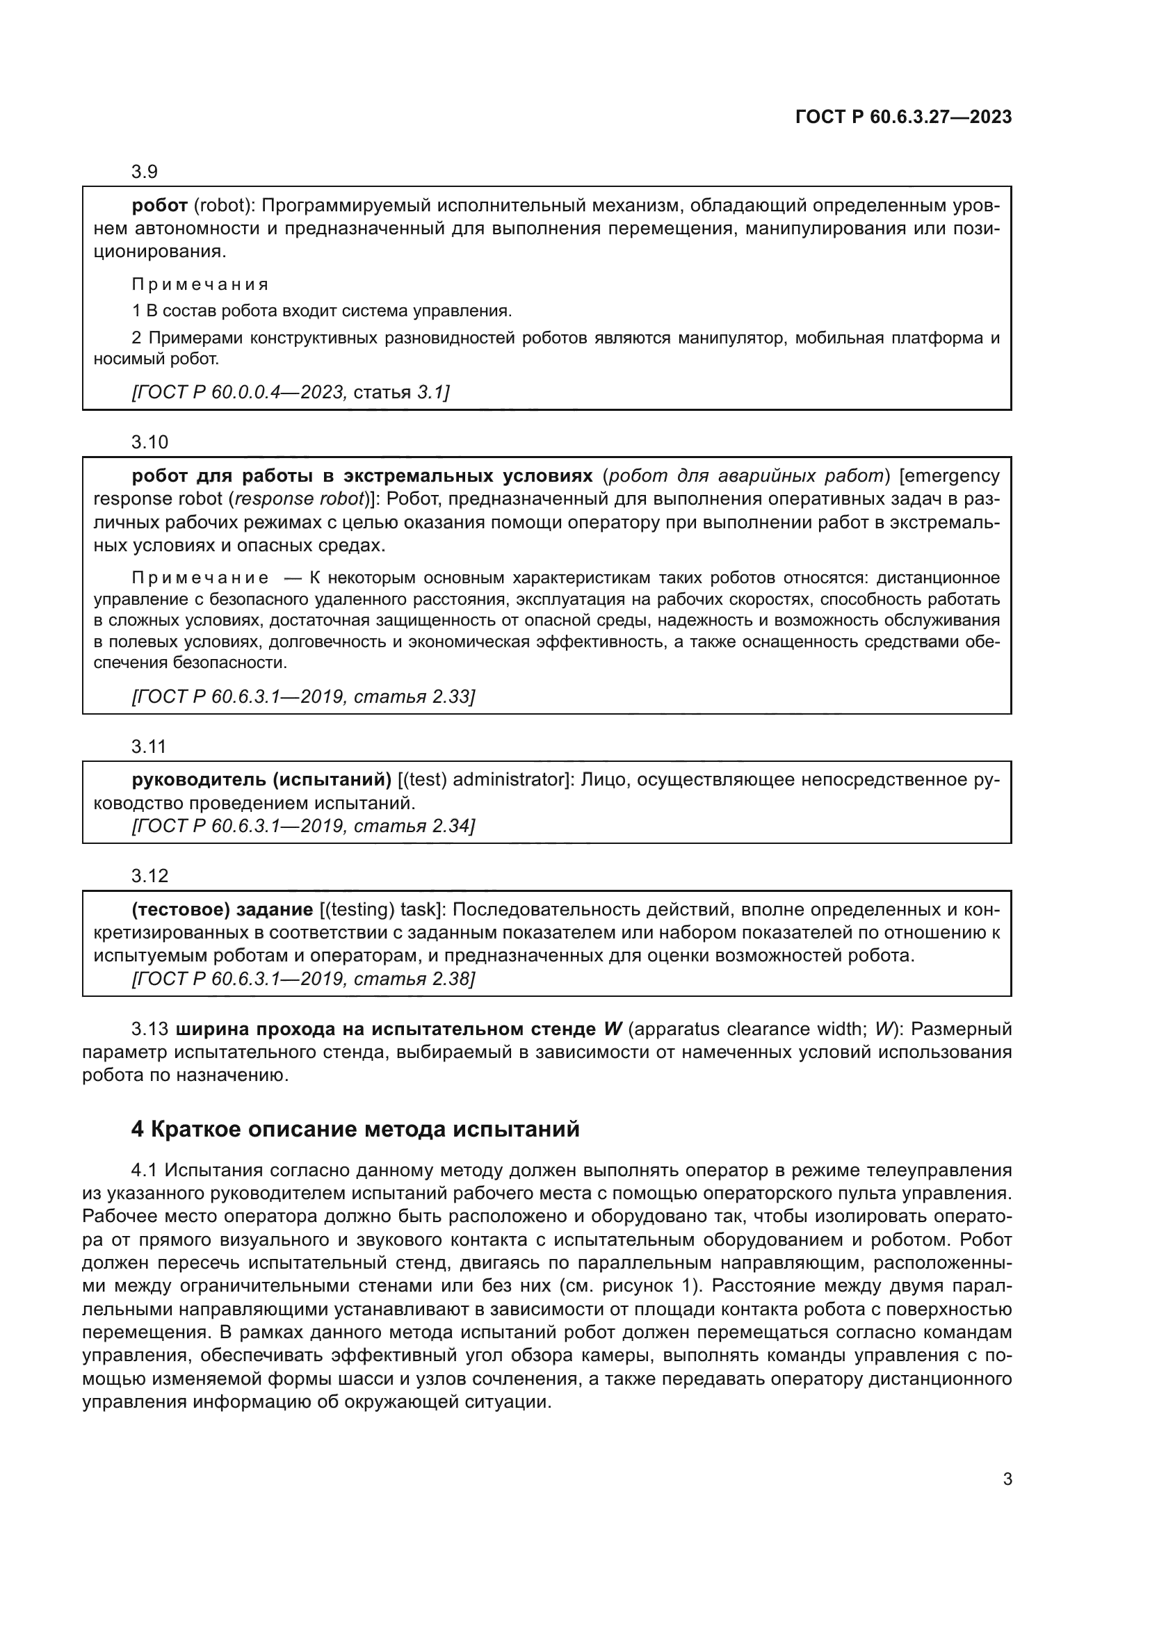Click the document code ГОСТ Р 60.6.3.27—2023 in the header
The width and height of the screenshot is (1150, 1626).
pyautogui.click(x=903, y=117)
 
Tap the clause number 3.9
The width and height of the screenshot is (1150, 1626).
pyautogui.click(x=145, y=172)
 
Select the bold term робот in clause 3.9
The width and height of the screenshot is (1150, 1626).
pyautogui.click(x=159, y=205)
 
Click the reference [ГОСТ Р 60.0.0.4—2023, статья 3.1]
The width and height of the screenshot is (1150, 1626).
pyautogui.click(x=291, y=391)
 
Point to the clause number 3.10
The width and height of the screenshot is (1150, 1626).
pyautogui.click(x=149, y=442)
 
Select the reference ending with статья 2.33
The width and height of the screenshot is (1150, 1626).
pyautogui.click(x=303, y=696)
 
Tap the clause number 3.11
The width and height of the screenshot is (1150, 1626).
pyautogui.click(x=149, y=747)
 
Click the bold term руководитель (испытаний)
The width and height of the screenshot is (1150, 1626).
pyautogui.click(x=261, y=780)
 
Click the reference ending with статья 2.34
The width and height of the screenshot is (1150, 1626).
pyautogui.click(x=303, y=826)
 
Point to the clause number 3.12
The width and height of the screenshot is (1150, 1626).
pyautogui.click(x=149, y=876)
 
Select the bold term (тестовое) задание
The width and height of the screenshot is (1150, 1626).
pyautogui.click(x=222, y=909)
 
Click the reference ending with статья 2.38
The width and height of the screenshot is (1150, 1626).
pyautogui.click(x=303, y=979)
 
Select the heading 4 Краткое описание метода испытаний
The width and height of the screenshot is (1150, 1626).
pyautogui.click(x=355, y=1129)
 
